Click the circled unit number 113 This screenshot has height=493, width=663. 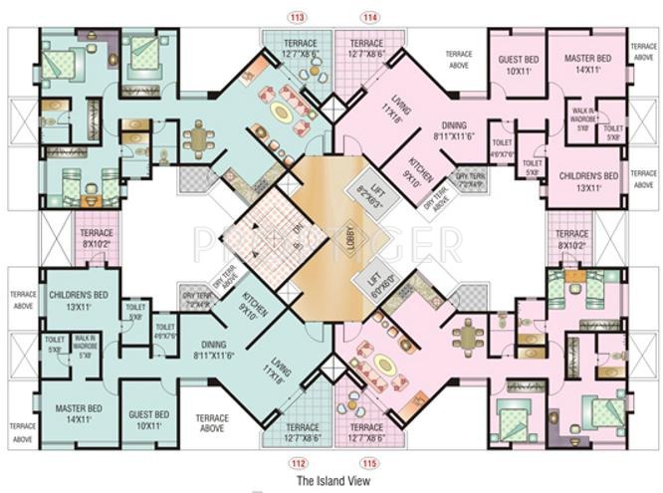click(295, 17)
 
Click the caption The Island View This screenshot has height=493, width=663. click(332, 481)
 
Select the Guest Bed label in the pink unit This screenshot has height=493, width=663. click(518, 66)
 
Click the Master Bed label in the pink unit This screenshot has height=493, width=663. click(586, 66)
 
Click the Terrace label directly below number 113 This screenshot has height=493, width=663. click(299, 50)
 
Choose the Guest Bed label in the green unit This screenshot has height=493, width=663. click(148, 419)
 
